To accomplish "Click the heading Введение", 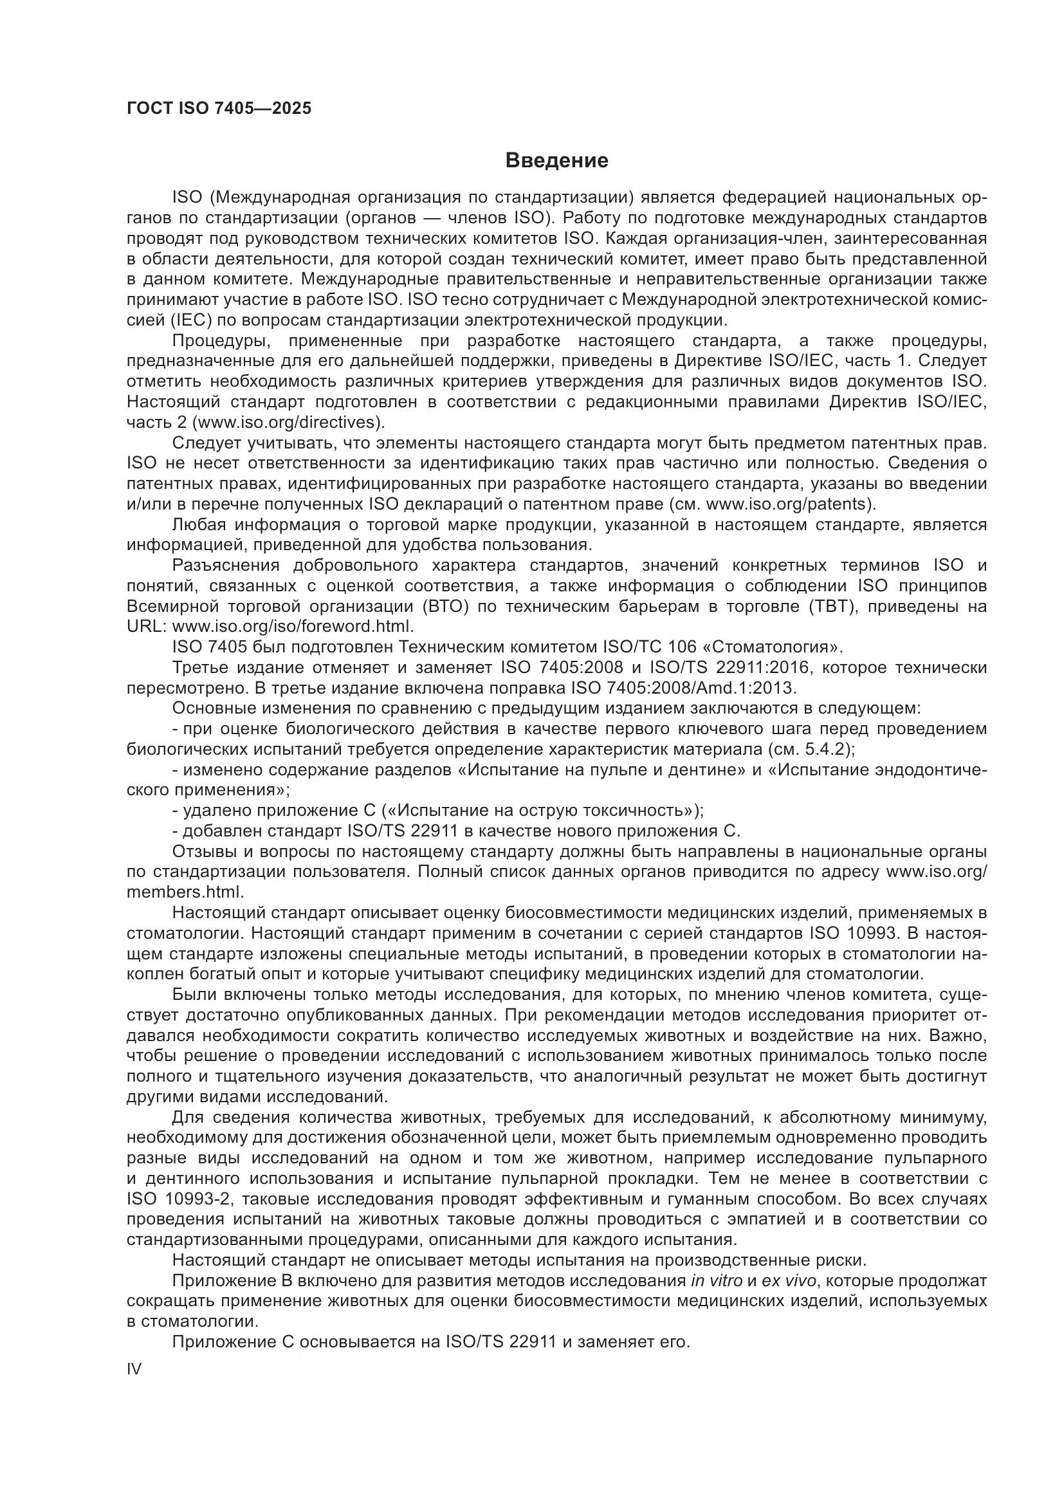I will point(557,161).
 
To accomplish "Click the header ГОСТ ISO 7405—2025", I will point(219,108).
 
